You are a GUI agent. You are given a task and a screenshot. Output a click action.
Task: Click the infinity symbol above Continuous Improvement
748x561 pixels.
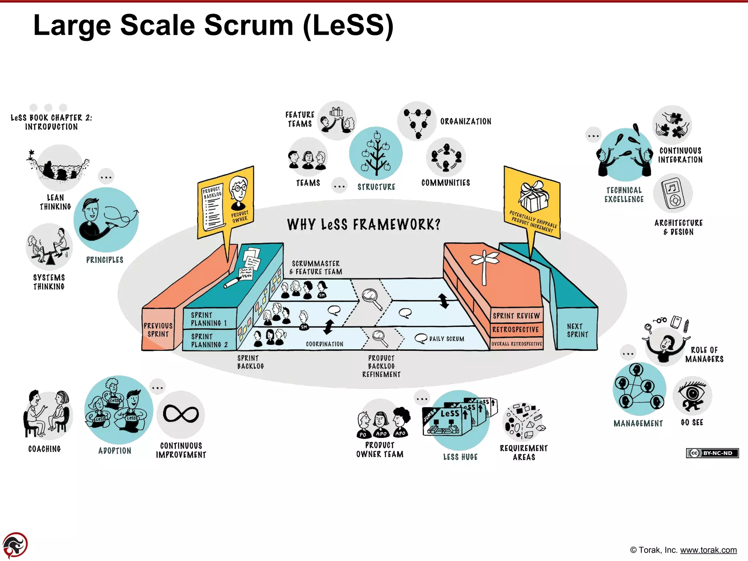(x=181, y=414)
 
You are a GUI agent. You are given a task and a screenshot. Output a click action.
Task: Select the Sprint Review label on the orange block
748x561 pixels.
(x=516, y=316)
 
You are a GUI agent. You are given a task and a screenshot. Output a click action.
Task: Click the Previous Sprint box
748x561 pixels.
(x=158, y=330)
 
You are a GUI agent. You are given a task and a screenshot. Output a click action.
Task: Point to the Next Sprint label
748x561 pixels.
(x=577, y=330)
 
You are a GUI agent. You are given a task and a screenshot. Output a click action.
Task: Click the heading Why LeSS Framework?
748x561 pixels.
(x=364, y=224)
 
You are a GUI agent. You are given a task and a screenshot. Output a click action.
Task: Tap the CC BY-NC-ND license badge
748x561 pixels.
(x=712, y=453)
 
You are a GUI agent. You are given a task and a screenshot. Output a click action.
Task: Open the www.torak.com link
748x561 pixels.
(x=708, y=550)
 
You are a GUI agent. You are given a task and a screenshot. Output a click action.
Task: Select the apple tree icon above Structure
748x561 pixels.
(x=376, y=153)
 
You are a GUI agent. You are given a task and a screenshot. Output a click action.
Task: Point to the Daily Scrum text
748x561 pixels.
(x=446, y=339)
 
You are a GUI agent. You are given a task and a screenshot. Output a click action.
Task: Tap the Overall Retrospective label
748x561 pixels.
(x=516, y=344)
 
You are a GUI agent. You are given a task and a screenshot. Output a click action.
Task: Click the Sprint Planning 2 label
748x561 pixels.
(x=209, y=340)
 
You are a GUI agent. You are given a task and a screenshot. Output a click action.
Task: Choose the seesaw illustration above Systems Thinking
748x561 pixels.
(x=49, y=247)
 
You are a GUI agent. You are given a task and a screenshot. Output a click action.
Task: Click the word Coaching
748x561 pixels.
(x=45, y=449)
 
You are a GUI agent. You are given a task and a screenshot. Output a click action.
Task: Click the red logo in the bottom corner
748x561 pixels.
(x=15, y=545)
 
